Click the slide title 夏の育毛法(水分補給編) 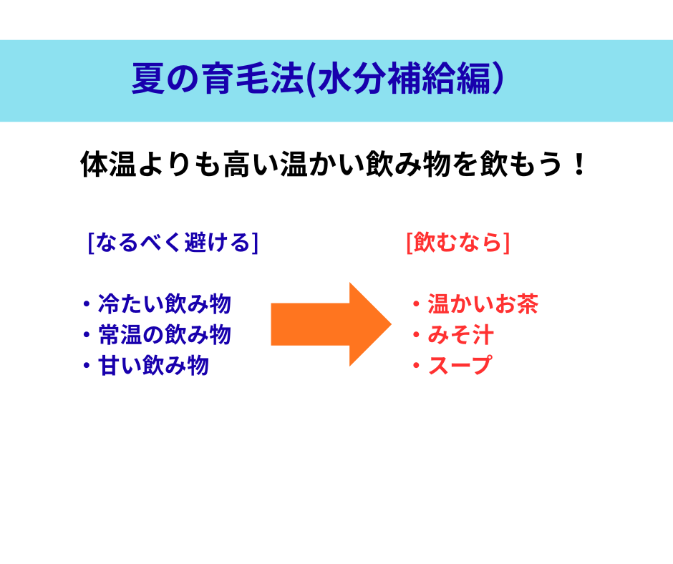(318, 79)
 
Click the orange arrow (331, 324)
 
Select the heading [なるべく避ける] (173, 243)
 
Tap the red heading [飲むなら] (458, 243)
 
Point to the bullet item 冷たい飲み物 (165, 304)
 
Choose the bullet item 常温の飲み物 (165, 335)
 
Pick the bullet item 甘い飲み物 (153, 366)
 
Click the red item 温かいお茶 (483, 304)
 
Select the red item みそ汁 (461, 335)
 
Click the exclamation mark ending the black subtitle (579, 164)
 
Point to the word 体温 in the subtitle (108, 164)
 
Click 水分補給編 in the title (404, 79)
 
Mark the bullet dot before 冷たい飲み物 (87, 304)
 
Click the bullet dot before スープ (416, 366)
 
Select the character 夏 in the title (148, 79)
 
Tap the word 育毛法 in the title (253, 79)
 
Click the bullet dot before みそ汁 (416, 335)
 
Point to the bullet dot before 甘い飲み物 (87, 366)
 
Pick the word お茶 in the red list (516, 304)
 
